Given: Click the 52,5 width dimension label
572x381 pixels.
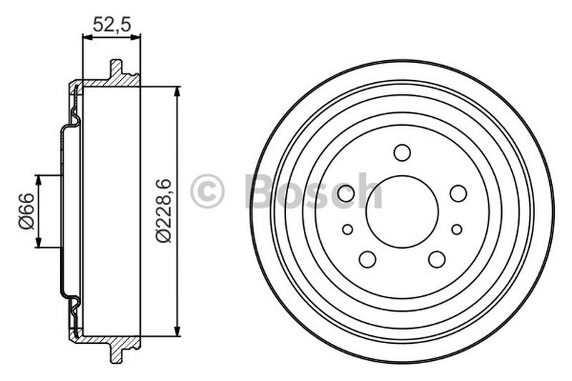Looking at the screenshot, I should (112, 25).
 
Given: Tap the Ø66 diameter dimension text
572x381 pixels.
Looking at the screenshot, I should (26, 212).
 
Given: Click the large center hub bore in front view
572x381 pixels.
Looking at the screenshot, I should (402, 212).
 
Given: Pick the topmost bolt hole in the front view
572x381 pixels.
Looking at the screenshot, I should (402, 152).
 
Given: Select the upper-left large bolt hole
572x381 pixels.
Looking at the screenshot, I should (346, 193).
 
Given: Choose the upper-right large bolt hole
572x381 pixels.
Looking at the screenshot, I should (458, 193).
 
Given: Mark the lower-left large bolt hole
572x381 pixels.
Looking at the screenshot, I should (368, 259).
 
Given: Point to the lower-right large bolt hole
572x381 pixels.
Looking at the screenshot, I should (437, 259).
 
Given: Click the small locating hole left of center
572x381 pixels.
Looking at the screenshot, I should (347, 229).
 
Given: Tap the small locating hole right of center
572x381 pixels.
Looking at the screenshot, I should (456, 229).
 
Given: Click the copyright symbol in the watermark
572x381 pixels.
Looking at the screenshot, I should (207, 192).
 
